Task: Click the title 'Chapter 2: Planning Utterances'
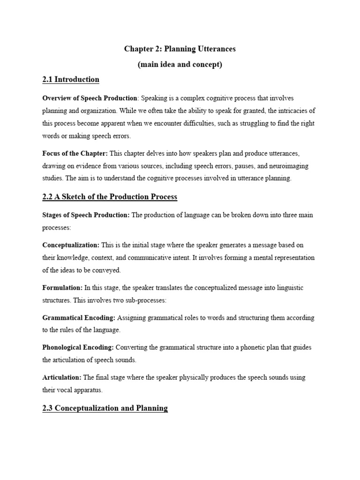[x=180, y=49]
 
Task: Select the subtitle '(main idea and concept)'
[x=180, y=64]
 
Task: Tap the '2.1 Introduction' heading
[x=71, y=79]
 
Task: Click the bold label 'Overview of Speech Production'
[x=90, y=98]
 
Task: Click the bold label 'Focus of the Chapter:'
[x=75, y=153]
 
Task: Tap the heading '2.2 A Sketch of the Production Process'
[x=110, y=196]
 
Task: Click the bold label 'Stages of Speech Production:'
[x=86, y=215]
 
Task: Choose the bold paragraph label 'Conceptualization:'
[x=71, y=245]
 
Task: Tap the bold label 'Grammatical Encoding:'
[x=79, y=318]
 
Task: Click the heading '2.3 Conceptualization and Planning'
[x=105, y=408]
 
